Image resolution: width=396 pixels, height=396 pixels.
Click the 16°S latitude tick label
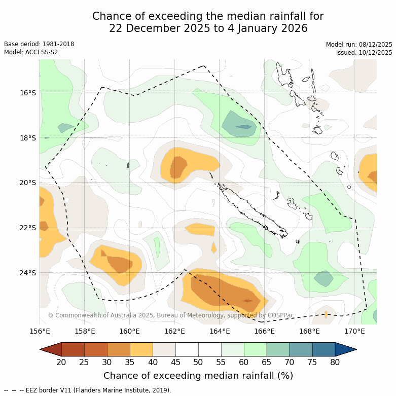pos(28,93)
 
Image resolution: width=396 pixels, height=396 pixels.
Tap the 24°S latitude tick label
pos(28,273)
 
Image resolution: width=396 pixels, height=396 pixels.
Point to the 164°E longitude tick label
pos(220,332)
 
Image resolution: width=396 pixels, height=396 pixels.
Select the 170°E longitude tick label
pos(354,332)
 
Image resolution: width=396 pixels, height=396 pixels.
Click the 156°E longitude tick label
pos(40,332)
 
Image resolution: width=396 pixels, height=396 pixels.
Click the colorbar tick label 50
pos(198,362)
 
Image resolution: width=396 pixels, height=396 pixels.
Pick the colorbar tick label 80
pos(335,362)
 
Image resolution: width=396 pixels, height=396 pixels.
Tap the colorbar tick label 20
pos(61,362)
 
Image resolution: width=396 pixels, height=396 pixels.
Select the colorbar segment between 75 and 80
pos(323,349)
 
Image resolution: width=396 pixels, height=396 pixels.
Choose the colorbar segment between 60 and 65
pos(255,349)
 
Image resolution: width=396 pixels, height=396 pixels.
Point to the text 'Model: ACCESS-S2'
pos(31,52)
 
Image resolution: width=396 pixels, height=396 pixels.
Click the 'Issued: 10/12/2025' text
pos(364,52)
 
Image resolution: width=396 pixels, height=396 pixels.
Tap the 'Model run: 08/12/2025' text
pos(359,44)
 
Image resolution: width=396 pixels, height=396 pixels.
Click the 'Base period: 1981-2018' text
pos(39,44)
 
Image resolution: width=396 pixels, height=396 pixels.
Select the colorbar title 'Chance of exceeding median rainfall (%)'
pos(198,376)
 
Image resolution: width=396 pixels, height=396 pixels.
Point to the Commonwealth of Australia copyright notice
pos(171,315)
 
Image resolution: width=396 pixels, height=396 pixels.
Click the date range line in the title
pos(208,29)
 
